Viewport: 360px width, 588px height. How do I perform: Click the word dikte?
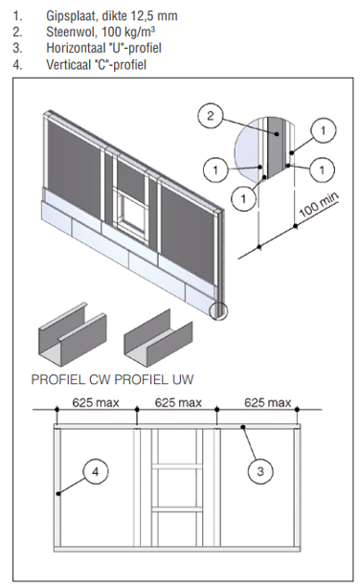point(115,15)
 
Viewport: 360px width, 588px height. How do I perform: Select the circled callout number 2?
point(211,116)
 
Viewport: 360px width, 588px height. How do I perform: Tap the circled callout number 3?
point(260,471)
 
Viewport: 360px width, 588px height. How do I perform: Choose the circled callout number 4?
point(95,471)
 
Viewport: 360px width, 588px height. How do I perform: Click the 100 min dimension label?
point(319,205)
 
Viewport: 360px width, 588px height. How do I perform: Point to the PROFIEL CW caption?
point(71,379)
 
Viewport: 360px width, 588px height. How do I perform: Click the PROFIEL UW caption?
point(154,379)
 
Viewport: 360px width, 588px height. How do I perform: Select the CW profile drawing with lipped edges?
point(73,334)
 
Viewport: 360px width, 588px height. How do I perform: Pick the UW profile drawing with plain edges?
point(158,337)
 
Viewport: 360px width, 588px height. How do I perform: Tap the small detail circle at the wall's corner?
point(218,310)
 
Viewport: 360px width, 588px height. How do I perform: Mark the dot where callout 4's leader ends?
point(58,494)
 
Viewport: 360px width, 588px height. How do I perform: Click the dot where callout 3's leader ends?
point(243,427)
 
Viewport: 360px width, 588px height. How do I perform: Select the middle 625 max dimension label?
point(178,403)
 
